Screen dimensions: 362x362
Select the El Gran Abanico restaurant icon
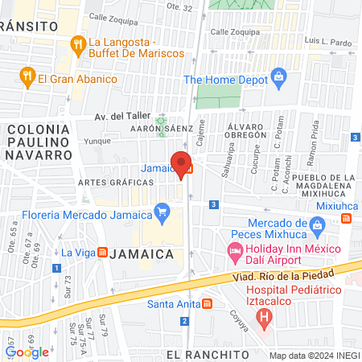coord(27,79)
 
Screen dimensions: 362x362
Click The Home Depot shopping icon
coord(279,78)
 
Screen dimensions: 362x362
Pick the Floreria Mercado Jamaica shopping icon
coord(162,213)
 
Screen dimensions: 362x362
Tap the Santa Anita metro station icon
coord(208,304)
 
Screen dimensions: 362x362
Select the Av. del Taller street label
coord(119,116)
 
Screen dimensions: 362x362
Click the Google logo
coord(27,352)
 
